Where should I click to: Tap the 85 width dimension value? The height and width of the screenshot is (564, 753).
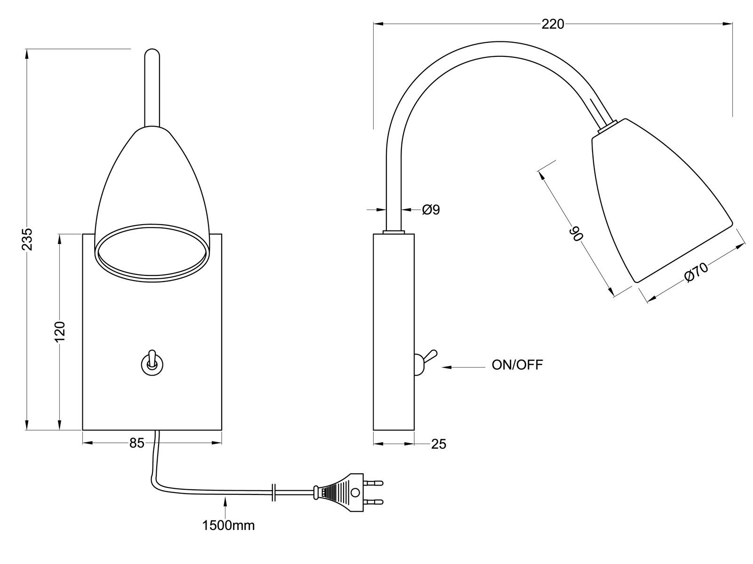tap(136, 443)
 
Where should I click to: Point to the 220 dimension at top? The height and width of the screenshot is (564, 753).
tap(553, 24)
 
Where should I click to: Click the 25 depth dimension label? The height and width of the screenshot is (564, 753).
tap(438, 444)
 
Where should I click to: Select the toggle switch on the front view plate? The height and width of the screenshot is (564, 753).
tap(151, 363)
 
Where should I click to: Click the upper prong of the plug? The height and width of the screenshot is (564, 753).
tap(375, 482)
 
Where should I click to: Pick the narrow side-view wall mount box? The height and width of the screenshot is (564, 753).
tap(393, 331)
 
